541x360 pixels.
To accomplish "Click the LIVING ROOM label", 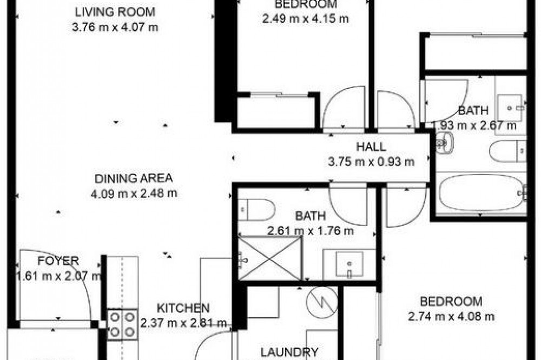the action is (x=115, y=12).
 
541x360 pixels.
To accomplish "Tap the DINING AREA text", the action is (x=134, y=178).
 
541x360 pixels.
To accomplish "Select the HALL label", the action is (x=371, y=147).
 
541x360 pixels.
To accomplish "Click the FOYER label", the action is (x=58, y=261).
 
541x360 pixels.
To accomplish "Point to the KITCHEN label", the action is (x=183, y=308).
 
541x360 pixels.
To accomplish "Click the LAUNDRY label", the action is (x=289, y=352).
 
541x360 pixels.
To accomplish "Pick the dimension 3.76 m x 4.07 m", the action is (x=115, y=27).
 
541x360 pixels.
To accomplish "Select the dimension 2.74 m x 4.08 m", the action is (x=451, y=316).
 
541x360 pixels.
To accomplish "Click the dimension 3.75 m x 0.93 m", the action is (x=371, y=162).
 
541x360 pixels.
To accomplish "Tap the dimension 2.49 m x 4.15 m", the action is (x=305, y=18).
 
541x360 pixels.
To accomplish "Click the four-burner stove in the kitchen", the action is (x=122, y=324).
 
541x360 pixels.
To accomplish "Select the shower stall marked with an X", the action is (x=270, y=258).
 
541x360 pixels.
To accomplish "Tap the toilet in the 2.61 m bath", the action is (x=256, y=210).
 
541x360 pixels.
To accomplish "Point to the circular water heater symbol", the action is (x=322, y=302).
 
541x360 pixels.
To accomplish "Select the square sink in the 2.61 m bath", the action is (x=349, y=264).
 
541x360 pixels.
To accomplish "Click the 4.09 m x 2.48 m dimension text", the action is (x=134, y=194).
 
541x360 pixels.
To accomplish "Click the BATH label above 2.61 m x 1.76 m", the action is (x=311, y=216).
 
